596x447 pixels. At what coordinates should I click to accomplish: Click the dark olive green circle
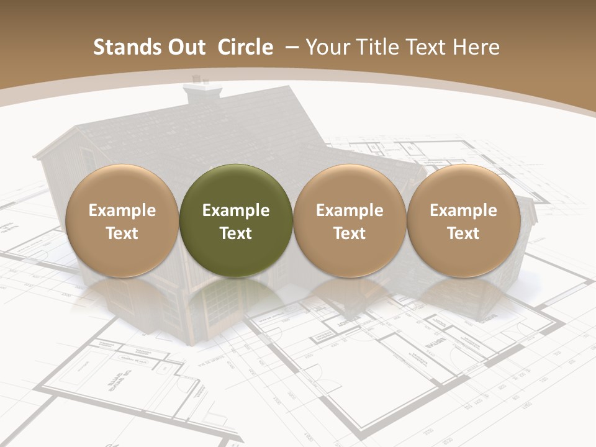(x=236, y=221)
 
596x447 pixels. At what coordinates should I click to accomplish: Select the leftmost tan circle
(x=122, y=221)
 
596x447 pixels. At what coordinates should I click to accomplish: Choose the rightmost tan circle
(x=463, y=221)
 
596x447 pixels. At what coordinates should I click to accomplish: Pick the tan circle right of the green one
(x=350, y=221)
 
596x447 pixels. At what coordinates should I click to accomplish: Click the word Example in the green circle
(x=236, y=210)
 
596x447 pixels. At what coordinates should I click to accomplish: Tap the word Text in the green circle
(x=236, y=233)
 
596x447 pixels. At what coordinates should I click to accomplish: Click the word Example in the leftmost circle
(x=122, y=210)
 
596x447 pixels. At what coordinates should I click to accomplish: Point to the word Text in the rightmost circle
(x=463, y=233)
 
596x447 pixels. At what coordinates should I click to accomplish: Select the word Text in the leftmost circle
(x=122, y=233)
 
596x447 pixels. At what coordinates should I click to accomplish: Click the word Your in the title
(x=325, y=47)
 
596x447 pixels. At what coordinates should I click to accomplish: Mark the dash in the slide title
(x=291, y=47)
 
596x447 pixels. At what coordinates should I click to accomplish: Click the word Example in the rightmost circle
(x=463, y=210)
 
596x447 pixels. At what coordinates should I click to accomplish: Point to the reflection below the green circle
(x=236, y=298)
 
